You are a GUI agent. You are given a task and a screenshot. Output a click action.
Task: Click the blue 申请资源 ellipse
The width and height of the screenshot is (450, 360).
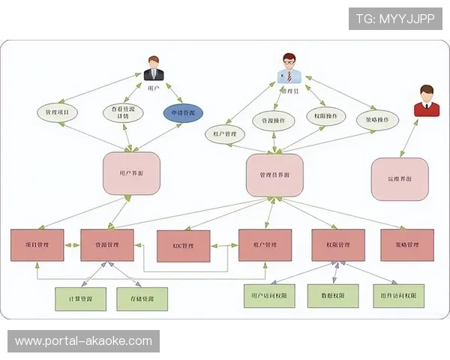[x=184, y=113]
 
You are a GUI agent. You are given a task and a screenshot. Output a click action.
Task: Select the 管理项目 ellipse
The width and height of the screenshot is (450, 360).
[x=58, y=113]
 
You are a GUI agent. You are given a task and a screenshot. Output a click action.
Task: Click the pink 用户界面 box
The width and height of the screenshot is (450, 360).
[x=131, y=173]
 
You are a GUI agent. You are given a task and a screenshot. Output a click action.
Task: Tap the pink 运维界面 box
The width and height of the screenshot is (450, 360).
[x=400, y=178]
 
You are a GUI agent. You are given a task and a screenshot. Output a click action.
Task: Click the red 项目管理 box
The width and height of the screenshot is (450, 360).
[x=37, y=244]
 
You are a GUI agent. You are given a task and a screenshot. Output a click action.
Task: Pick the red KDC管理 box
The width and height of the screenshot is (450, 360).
[x=183, y=245]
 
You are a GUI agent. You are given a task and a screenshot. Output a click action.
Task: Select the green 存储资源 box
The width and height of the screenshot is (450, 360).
[x=142, y=298]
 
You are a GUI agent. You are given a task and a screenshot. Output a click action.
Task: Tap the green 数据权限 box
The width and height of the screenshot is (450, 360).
[x=333, y=295]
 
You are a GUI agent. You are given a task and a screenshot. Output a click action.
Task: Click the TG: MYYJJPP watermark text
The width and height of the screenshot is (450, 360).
[x=395, y=17]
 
